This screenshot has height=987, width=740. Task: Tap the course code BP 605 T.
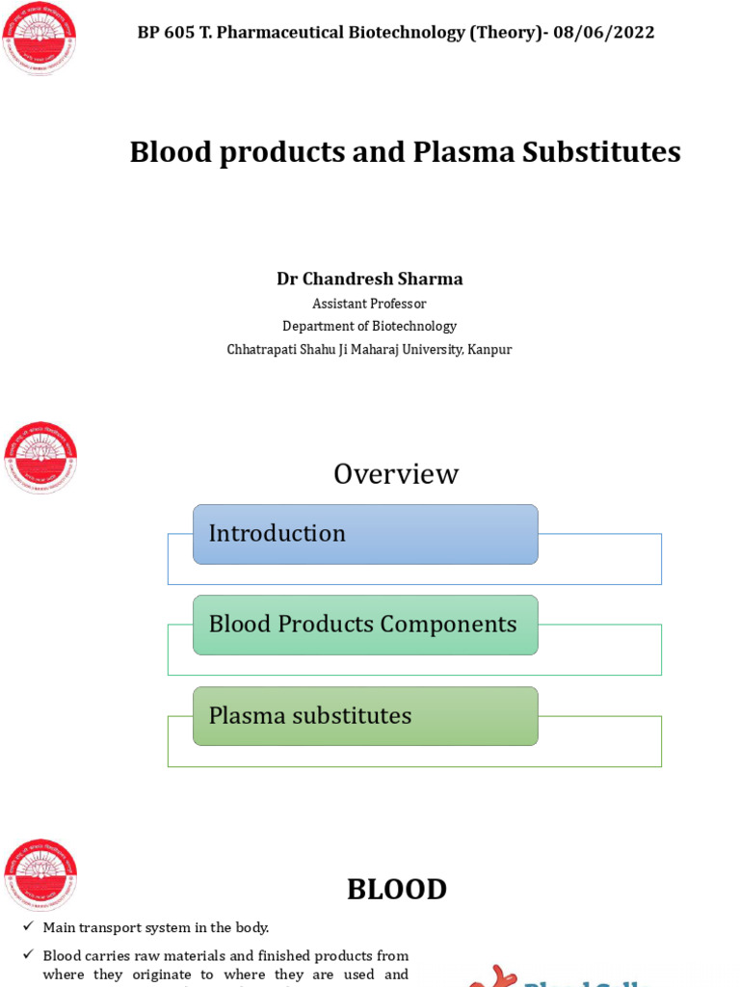pos(173,33)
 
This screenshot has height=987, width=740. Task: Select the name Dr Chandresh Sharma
pos(370,279)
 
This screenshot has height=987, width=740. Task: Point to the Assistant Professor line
pos(369,304)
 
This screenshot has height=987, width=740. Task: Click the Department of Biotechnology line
pos(369,326)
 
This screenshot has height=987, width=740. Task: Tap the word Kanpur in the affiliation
pos(489,349)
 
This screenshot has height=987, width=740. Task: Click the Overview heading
pos(395,474)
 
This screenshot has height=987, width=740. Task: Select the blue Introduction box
pos(365,534)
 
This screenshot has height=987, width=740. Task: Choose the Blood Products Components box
pos(365,625)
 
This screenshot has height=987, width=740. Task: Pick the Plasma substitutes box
pos(365,716)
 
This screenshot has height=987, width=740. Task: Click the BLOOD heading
pos(396,889)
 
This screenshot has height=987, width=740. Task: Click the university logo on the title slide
pos(40,39)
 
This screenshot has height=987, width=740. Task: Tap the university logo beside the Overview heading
pos(40,458)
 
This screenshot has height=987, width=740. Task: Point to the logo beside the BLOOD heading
pos(40,875)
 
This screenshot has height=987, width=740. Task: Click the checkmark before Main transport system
pos(28,927)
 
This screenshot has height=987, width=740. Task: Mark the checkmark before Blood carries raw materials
pos(28,955)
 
